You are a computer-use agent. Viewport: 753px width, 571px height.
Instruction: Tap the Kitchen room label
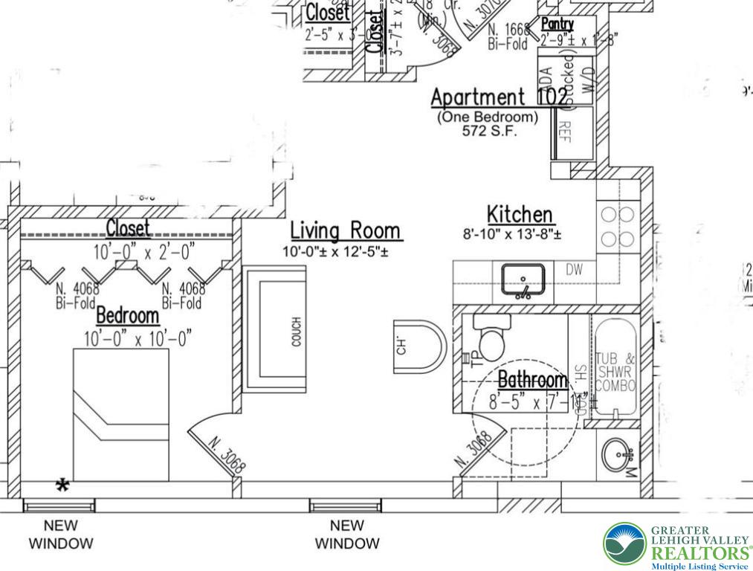point(520,214)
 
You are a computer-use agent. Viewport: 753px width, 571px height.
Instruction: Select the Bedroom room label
point(127,315)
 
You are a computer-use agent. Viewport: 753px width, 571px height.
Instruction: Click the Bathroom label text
point(531,380)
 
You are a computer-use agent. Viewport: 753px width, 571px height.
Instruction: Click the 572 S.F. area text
point(488,131)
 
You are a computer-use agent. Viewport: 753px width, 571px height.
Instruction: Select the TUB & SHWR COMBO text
point(615,372)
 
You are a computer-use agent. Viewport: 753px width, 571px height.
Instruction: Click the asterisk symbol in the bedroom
point(63,486)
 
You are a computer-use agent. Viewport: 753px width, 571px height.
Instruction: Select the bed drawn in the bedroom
point(120,413)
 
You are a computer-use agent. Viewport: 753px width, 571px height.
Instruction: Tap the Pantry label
point(557,25)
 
